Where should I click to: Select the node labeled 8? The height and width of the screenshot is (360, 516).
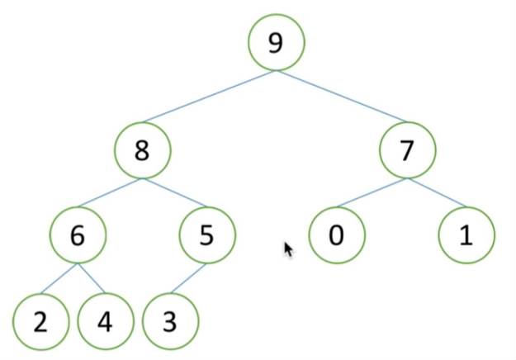[143, 151]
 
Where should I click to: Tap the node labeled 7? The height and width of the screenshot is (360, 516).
[407, 151]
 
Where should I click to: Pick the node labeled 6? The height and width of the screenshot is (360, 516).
[78, 235]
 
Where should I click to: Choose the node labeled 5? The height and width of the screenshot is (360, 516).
[207, 235]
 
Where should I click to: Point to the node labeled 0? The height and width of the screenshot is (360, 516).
[337, 235]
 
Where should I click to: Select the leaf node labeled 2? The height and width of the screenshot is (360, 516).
[41, 320]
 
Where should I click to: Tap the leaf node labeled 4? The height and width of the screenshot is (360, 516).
[105, 320]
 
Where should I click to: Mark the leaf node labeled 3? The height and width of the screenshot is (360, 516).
[169, 320]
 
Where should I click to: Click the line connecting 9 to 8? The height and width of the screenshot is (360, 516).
[211, 103]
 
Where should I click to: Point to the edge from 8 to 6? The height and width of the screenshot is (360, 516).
[111, 193]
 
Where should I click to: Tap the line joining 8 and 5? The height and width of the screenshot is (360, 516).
[175, 193]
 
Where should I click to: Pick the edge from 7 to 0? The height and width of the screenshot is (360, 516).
[372, 193]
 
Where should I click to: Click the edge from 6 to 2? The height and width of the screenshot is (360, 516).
[59, 278]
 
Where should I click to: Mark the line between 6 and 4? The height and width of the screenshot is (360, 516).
[92, 278]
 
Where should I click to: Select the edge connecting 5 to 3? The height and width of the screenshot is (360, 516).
[188, 278]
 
